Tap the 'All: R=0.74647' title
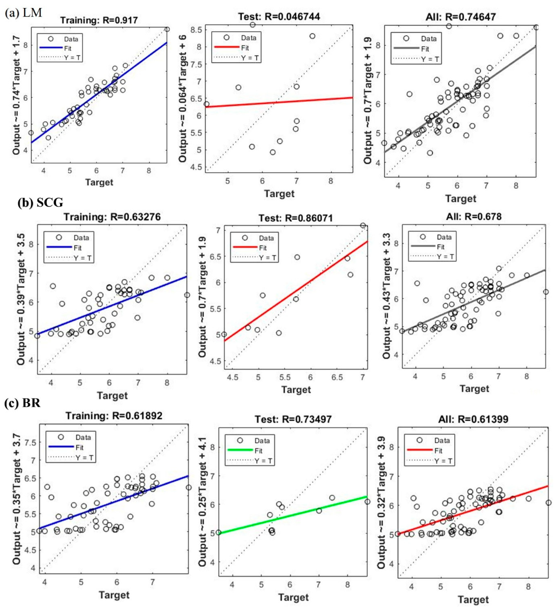(x=460, y=17)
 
